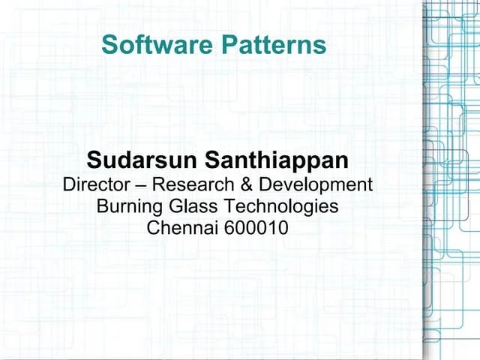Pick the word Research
(x=178, y=184)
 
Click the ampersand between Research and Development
(x=224, y=184)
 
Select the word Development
(x=304, y=184)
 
